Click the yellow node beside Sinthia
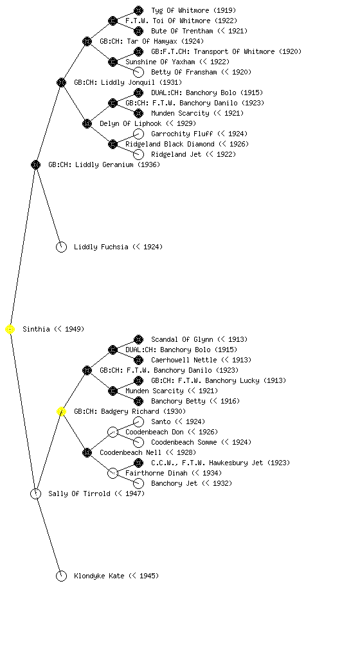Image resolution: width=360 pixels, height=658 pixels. pos(10,330)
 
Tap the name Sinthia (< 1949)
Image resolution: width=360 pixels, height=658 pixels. pos(53,330)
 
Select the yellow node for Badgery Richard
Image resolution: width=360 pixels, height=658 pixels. pos(61,412)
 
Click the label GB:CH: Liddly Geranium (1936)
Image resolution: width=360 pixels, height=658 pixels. pos(104,165)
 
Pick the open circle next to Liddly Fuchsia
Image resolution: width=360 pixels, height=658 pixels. pos(61,247)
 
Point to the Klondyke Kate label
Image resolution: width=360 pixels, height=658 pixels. pos(116,576)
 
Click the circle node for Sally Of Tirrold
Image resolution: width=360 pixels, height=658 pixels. pos(35,494)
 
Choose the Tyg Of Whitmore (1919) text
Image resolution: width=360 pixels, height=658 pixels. pos(194,10)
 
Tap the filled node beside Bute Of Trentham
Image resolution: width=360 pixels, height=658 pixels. pos(138,31)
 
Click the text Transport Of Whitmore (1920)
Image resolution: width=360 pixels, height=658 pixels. pos(245,51)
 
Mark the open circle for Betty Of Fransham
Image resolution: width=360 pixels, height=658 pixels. pos(138,72)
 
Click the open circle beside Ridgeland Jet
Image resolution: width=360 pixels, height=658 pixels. pos(138,154)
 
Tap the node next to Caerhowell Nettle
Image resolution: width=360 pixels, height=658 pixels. pos(138,360)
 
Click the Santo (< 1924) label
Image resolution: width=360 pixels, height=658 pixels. pos(178,422)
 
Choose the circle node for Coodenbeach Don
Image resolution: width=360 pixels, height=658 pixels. pos(113,432)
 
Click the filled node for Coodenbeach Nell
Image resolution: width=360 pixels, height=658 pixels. pos(87,453)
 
